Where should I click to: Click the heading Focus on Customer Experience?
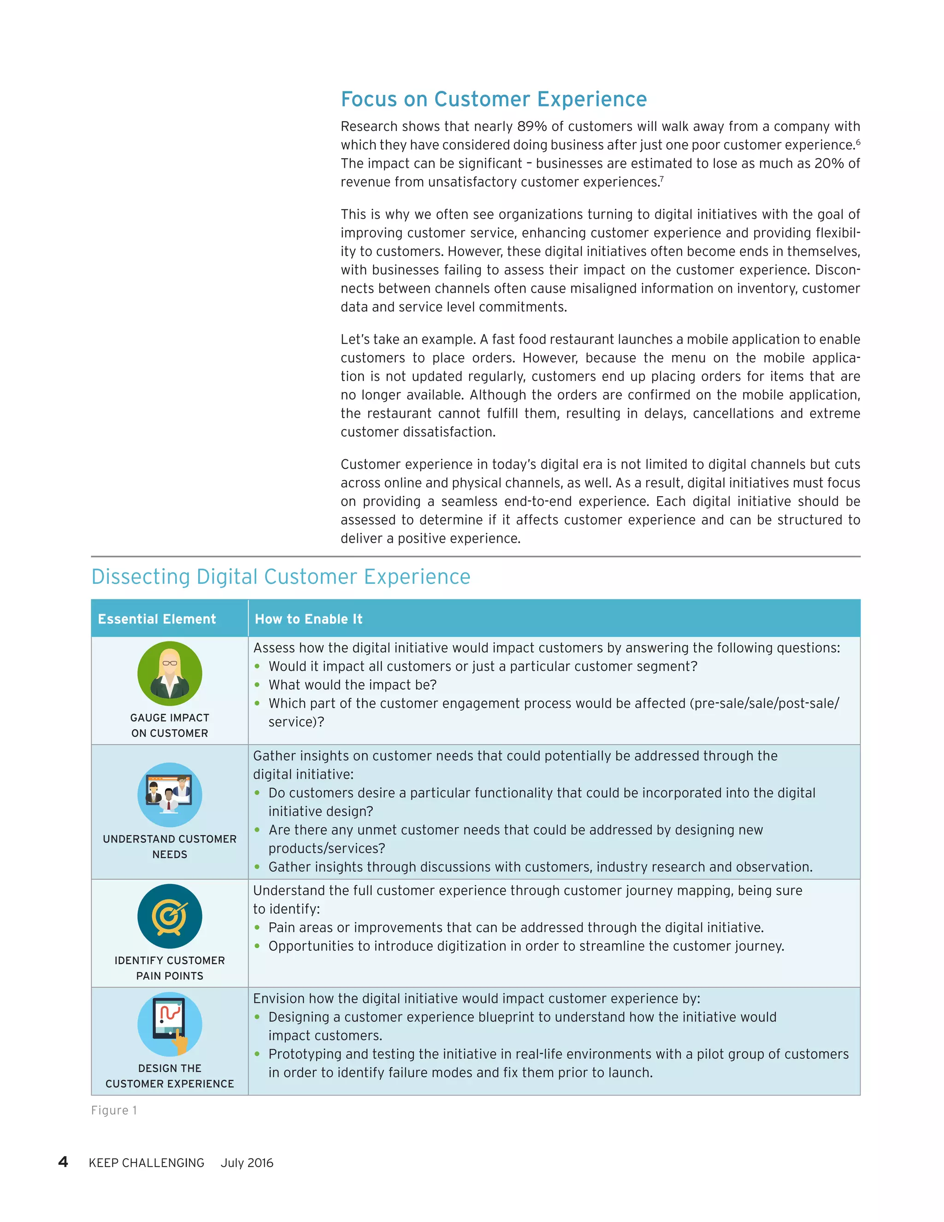point(493,99)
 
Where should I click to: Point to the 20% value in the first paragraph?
point(829,163)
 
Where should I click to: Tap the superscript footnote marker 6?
point(858,142)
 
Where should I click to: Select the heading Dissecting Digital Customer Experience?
point(281,577)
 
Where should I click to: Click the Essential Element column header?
point(157,619)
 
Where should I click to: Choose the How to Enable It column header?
point(309,619)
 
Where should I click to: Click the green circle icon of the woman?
point(170,673)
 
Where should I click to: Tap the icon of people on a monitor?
point(170,795)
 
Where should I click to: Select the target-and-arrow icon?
point(170,916)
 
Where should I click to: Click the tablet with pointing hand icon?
point(170,1024)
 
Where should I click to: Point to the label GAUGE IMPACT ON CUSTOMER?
point(170,725)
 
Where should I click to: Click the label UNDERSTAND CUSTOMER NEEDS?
point(170,847)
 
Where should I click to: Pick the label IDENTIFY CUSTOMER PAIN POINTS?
point(170,968)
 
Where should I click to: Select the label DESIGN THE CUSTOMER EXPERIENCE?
point(170,1076)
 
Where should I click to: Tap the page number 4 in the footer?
point(63,1162)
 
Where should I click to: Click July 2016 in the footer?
point(247,1163)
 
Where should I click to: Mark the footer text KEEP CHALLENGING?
point(147,1163)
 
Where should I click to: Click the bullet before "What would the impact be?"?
point(257,685)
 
